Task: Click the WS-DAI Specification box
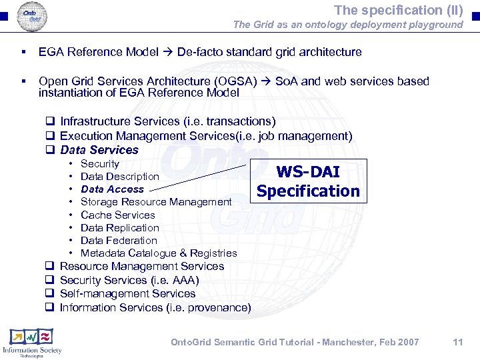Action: coord(307,181)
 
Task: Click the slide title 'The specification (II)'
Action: coord(398,10)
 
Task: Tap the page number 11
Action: coord(457,342)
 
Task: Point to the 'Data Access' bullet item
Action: coord(112,189)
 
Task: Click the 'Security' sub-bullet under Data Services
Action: coord(99,164)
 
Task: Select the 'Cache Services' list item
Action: coord(117,215)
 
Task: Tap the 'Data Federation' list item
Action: coord(119,241)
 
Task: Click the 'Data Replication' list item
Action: coord(119,228)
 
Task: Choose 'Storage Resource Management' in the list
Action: coord(156,202)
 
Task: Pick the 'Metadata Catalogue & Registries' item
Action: coord(159,253)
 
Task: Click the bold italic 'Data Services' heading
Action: coord(99,150)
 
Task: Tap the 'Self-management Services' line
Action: coord(127,293)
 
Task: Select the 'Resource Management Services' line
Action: coord(141,266)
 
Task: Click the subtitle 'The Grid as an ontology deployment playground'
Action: coord(347,25)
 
